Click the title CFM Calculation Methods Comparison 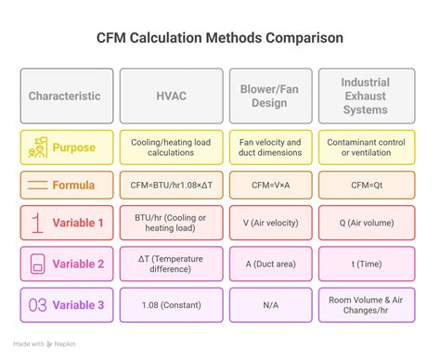tap(220, 39)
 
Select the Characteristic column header tap(66, 96)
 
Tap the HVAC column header tap(171, 96)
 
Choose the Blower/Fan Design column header tap(269, 96)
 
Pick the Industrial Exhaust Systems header tap(367, 96)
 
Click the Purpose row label tap(73, 148)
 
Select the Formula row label tap(73, 185)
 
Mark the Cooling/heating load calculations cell tap(171, 148)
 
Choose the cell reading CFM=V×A tap(269, 185)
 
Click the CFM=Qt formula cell tap(367, 185)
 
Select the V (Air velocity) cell tap(269, 224)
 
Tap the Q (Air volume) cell tap(367, 224)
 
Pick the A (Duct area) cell tap(269, 264)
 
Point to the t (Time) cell tap(367, 264)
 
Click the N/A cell tap(269, 305)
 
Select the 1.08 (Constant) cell tap(171, 305)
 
